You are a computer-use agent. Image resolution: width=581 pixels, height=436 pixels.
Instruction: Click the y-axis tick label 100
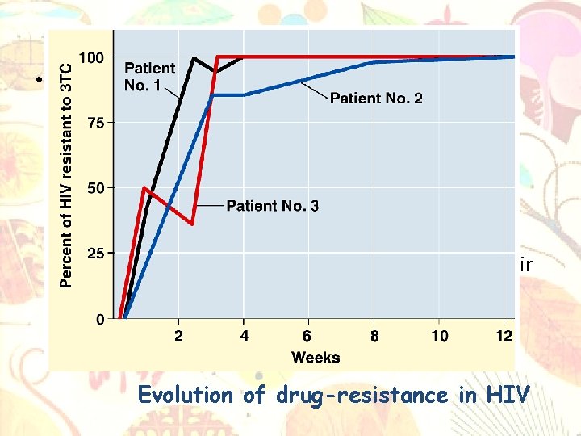(91, 57)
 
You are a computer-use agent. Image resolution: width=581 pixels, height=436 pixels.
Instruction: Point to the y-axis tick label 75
(94, 123)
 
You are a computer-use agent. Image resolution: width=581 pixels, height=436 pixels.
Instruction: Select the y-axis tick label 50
(94, 188)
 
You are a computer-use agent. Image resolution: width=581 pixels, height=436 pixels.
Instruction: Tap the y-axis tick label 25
(94, 254)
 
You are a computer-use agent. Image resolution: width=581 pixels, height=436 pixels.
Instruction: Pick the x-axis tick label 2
(178, 336)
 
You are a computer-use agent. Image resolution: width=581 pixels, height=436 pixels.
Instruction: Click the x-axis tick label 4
(245, 336)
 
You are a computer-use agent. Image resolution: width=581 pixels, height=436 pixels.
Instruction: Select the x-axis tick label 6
(307, 336)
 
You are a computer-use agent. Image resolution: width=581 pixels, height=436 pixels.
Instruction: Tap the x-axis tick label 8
(374, 336)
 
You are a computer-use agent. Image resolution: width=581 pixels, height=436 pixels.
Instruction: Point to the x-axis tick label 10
(439, 336)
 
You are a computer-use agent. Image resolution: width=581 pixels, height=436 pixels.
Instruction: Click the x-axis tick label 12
(504, 336)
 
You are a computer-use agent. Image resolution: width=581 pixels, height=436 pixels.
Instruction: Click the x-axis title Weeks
(316, 357)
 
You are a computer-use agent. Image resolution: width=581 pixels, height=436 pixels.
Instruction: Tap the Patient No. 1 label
(149, 77)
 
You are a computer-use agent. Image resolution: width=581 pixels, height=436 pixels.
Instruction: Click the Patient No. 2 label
(375, 99)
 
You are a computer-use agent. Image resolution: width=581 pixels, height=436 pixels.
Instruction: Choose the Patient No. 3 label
(272, 206)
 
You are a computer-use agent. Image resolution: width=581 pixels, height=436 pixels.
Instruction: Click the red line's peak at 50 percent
(144, 188)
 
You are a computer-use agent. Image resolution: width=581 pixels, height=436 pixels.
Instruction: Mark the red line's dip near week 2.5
(192, 224)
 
